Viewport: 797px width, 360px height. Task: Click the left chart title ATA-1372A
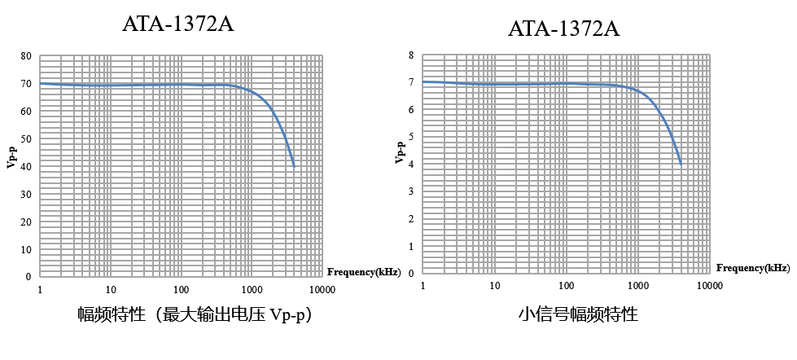[177, 24]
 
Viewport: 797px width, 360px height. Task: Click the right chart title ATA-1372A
[563, 29]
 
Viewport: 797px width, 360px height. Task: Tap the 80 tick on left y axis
[26, 56]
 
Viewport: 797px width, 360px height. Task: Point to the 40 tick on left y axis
[26, 167]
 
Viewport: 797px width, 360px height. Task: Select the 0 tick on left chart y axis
[28, 277]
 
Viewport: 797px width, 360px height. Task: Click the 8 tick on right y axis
[411, 55]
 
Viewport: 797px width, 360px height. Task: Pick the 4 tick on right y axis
[411, 165]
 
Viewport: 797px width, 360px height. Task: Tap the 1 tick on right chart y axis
[411, 246]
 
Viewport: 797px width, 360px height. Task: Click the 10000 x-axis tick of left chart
[322, 290]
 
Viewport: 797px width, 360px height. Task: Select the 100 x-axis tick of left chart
[181, 290]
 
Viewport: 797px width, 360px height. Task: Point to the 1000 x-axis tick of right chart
[638, 286]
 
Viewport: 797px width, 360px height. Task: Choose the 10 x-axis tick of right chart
[494, 286]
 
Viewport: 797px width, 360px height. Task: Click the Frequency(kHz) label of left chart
[363, 272]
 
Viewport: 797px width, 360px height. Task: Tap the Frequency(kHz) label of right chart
[753, 267]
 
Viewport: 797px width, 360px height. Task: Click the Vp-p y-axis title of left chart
[11, 156]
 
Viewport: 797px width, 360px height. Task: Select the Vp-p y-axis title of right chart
[400, 151]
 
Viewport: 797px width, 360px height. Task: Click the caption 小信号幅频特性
[578, 314]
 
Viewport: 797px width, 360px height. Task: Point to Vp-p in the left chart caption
[286, 315]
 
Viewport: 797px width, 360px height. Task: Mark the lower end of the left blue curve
[294, 166]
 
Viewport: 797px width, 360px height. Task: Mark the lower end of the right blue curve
[681, 164]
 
